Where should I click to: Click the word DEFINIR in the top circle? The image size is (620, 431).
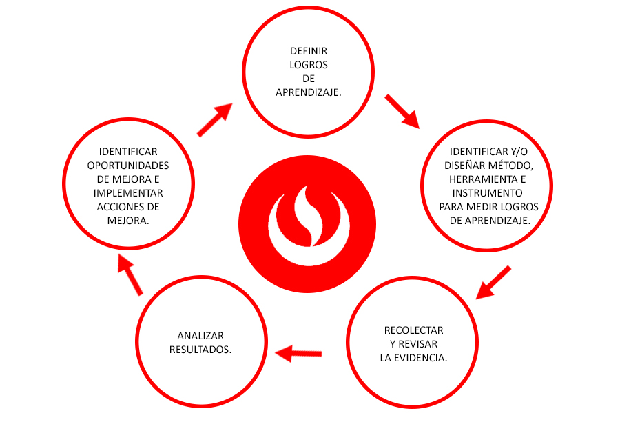[x=309, y=51]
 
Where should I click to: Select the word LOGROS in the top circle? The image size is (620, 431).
[x=309, y=65]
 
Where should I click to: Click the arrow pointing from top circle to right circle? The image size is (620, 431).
[x=402, y=111]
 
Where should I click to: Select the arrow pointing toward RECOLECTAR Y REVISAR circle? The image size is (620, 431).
[x=494, y=282]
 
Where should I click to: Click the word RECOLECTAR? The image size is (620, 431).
[x=413, y=330]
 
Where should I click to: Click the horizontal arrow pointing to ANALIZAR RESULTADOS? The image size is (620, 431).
[x=299, y=354]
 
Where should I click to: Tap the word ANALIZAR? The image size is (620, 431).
[x=200, y=335]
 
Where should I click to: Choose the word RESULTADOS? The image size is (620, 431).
[x=200, y=349]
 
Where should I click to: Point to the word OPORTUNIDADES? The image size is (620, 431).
[x=128, y=166]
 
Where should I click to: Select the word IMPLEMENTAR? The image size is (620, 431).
[x=128, y=193]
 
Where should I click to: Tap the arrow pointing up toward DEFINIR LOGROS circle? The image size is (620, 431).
[x=214, y=120]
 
